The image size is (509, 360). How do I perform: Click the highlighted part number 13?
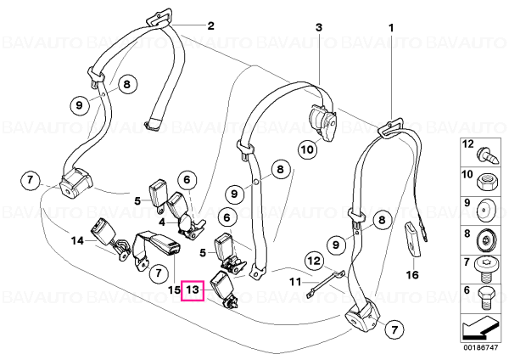193,290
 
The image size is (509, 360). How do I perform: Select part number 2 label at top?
211,25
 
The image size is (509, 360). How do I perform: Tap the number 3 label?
319,27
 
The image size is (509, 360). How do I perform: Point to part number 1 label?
391,28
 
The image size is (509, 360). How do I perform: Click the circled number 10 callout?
307,149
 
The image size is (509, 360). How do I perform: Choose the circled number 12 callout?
314,261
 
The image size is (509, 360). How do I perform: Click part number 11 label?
295,281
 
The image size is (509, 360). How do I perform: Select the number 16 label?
412,275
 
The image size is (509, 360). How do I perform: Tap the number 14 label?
77,241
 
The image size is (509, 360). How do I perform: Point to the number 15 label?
174,290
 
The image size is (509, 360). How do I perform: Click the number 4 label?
162,223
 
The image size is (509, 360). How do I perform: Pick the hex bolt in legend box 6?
485,298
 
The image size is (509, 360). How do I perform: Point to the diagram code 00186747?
480,348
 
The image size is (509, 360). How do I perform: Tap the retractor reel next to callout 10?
324,122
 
